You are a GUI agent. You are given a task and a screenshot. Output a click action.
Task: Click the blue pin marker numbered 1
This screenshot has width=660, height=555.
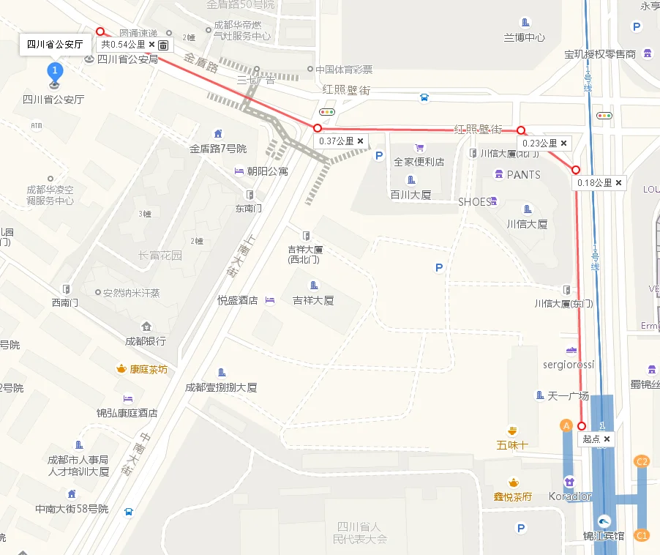pos(55,72)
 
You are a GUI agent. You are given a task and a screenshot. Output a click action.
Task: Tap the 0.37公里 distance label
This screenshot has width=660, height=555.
pos(337,141)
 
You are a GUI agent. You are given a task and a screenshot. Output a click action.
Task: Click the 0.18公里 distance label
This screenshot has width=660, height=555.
pos(594,183)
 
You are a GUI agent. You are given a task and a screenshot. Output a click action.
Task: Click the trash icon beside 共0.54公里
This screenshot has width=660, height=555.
pos(163,45)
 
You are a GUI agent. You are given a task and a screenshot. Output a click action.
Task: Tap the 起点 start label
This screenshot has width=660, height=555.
pos(591,439)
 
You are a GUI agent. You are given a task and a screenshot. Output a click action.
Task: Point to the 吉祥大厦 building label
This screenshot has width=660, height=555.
pos(313,299)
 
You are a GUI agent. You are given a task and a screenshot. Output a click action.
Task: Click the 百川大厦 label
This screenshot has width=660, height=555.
pos(410,195)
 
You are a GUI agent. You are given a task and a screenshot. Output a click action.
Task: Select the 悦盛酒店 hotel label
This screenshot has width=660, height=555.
pos(238,300)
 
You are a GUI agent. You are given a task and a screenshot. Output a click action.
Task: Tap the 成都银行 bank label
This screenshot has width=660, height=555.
pos(145,340)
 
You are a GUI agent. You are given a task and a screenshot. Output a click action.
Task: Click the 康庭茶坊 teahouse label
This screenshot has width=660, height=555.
pos(149,369)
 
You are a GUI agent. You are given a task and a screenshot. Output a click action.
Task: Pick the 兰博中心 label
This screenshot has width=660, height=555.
pos(525,37)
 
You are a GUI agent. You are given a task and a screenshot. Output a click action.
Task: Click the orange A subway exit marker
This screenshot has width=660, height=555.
pos(566,425)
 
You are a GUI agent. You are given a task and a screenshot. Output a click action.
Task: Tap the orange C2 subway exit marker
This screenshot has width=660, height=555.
pos(642,461)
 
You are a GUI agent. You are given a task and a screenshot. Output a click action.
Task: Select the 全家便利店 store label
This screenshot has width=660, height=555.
pos(419,161)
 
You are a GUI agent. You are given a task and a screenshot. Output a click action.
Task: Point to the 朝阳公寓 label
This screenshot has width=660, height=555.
pos(267,171)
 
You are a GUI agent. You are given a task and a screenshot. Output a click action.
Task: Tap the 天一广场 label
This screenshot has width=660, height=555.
pos(568,395)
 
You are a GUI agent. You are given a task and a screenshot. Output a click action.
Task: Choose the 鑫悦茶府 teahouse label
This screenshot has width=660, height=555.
pos(513,496)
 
